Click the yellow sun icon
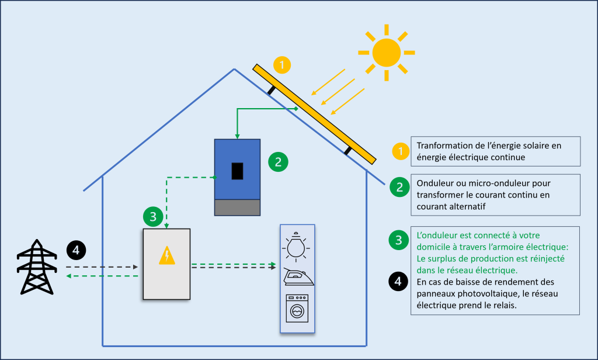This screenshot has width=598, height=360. coord(386,53)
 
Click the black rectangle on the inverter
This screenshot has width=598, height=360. coord(237,171)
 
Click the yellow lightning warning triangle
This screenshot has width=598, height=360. coord(167,255)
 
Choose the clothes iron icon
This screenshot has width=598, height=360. coord(298,276)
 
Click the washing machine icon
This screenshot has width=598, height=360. coord(298,308)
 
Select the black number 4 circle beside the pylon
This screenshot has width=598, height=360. coord(77,250)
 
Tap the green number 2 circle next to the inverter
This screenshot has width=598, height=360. coord(278,162)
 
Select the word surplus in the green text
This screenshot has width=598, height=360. coord(441,258)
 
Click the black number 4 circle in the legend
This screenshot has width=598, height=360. coord(398,282)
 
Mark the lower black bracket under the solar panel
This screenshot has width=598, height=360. coord(348,151)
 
